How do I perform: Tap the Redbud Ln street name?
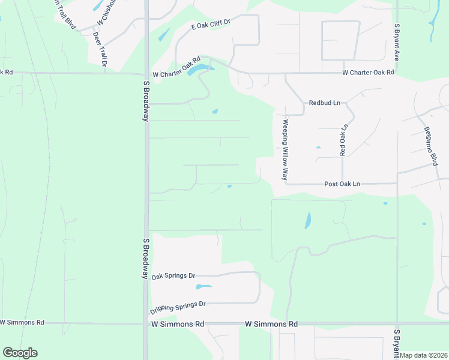point(324,103)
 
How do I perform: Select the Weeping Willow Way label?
point(286,150)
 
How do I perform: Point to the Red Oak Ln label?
point(343,141)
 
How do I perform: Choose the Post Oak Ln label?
point(342,184)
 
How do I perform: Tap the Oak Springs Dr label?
point(173,276)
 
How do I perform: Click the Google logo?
point(20,353)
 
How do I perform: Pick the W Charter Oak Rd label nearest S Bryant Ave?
point(368,73)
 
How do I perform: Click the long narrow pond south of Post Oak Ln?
point(308,221)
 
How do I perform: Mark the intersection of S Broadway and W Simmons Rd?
point(146,323)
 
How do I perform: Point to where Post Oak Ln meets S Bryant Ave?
point(397,183)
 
